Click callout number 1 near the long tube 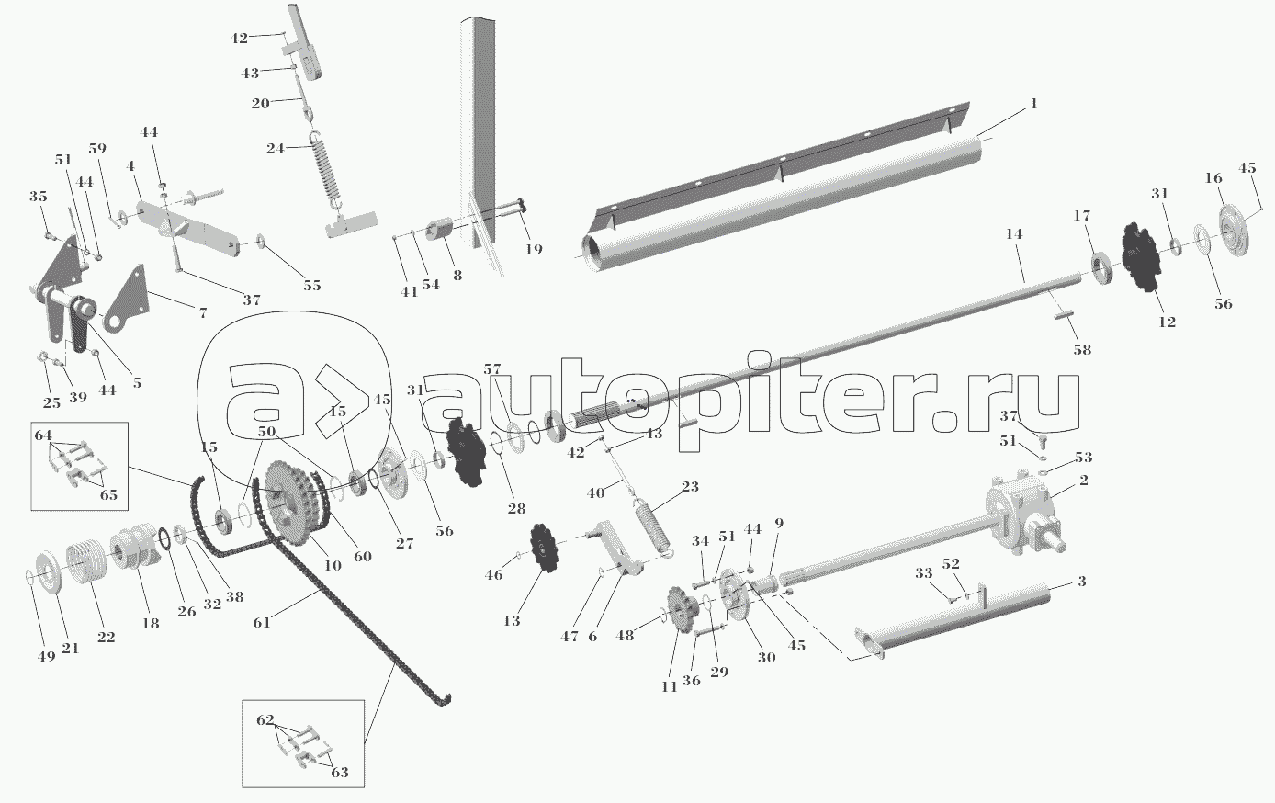coord(1033,104)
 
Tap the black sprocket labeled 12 coord(1142,257)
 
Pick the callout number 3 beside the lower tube coord(1082,582)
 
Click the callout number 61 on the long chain coord(261,623)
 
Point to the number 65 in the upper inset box coord(108,494)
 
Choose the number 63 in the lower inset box coord(339,773)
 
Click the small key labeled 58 coord(1063,313)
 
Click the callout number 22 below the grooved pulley coord(106,638)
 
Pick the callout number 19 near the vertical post coord(534,249)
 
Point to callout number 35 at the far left coord(39,197)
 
